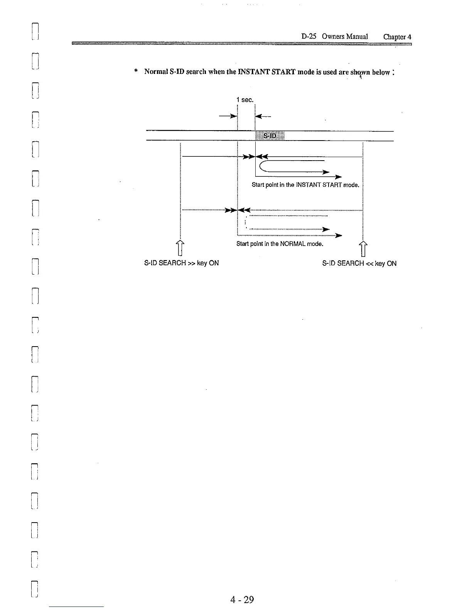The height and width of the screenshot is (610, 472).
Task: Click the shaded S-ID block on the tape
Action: click(x=270, y=136)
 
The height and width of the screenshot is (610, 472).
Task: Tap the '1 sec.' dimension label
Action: click(x=245, y=100)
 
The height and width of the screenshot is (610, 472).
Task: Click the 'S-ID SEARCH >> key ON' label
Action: click(x=181, y=263)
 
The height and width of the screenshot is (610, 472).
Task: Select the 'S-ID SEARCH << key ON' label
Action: click(x=359, y=263)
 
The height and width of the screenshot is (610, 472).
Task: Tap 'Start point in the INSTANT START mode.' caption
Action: click(x=305, y=185)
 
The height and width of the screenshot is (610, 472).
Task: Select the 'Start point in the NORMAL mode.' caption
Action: click(x=280, y=244)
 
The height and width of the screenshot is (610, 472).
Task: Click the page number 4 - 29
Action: click(x=242, y=599)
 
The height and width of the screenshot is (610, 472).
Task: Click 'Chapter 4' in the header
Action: click(x=397, y=37)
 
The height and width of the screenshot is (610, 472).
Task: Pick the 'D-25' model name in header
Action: click(x=309, y=37)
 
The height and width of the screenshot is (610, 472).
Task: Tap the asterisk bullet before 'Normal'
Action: click(x=136, y=71)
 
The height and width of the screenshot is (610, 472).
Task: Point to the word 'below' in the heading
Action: click(x=381, y=72)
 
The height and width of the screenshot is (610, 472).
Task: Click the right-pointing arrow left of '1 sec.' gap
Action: click(x=228, y=116)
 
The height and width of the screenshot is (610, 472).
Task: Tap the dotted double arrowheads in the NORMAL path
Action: click(x=238, y=210)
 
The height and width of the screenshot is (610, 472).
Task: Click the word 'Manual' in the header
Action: click(x=357, y=37)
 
